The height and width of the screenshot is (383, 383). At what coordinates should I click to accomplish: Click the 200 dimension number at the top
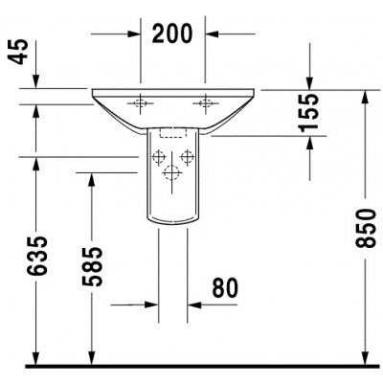point(172,34)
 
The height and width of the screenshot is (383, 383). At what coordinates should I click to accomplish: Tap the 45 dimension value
point(18,52)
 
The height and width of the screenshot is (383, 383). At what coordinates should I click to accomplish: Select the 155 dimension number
point(308,112)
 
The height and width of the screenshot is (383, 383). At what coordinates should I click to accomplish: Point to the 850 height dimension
point(366,228)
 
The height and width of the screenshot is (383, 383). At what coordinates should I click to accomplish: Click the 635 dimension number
point(37,256)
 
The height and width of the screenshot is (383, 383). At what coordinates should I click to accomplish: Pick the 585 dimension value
point(93,266)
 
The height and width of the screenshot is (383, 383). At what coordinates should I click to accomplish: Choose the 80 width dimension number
point(225,287)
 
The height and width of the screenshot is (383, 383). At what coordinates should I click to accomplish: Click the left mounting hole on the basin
point(140,103)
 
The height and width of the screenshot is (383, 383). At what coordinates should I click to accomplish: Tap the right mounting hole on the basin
point(205,103)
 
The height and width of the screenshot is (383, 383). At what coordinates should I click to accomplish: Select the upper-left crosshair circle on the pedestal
point(158,157)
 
